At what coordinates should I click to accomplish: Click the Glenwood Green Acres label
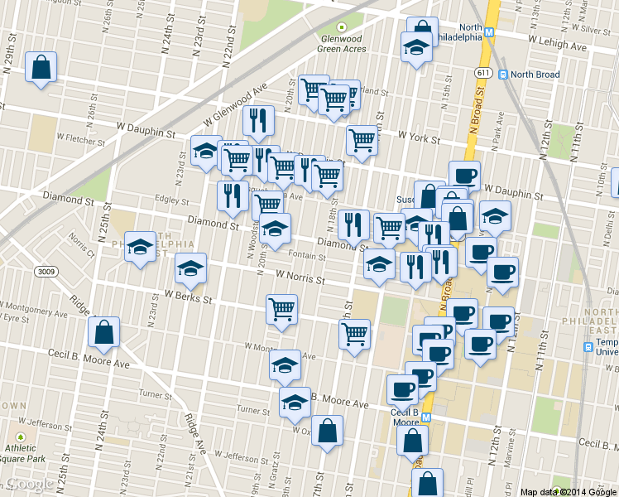click(x=342, y=43)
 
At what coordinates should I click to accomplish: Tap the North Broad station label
click(x=535, y=75)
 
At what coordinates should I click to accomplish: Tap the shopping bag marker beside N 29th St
click(x=41, y=69)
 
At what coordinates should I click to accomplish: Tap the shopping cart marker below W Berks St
click(x=282, y=311)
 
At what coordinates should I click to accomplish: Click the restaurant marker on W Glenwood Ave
click(x=259, y=122)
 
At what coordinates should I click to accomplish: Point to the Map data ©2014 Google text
click(x=568, y=491)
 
